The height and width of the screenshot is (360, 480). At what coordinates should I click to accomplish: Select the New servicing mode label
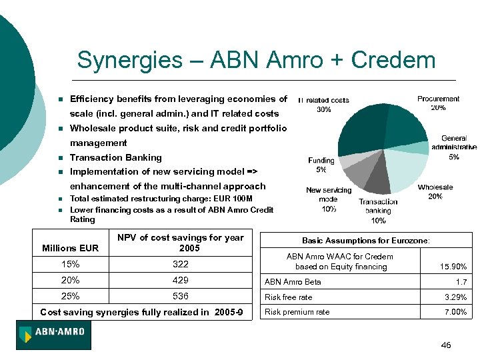(328, 199)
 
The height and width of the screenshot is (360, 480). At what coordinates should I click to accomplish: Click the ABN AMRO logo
(54, 335)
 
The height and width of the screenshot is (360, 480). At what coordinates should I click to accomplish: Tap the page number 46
(446, 345)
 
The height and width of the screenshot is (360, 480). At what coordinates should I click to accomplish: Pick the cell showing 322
(180, 264)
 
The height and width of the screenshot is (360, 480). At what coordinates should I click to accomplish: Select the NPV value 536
(180, 296)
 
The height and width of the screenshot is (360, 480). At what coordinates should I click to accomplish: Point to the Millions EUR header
(70, 248)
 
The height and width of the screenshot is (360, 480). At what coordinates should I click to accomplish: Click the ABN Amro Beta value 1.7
(461, 282)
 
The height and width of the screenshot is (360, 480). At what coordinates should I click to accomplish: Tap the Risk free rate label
(289, 297)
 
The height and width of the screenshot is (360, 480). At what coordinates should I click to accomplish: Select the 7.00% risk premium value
(455, 312)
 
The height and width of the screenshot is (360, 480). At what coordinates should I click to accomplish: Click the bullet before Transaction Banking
(60, 158)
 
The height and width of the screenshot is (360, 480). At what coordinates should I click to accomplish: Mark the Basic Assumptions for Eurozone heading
(366, 240)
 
